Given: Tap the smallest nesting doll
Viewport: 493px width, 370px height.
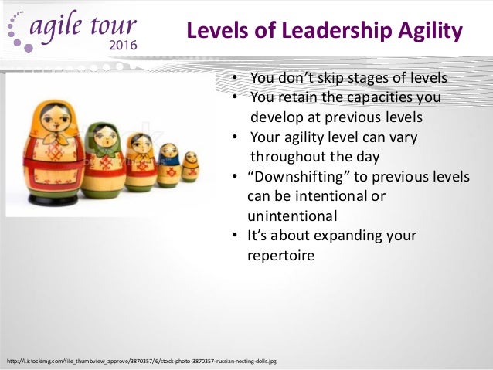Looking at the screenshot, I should click(190, 166).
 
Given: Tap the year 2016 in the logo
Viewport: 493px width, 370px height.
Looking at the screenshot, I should click(119, 45).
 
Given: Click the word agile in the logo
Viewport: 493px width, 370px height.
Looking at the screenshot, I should click(63, 26).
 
